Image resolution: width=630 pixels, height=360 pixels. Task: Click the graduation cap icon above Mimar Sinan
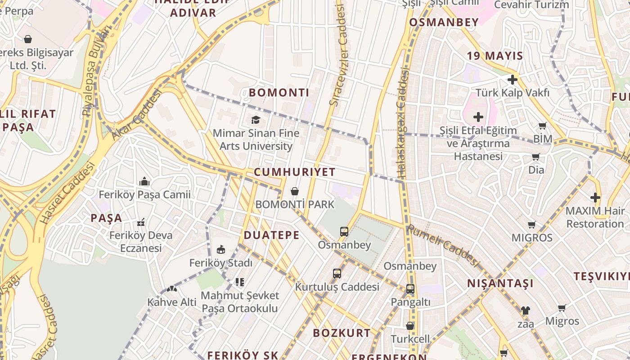click(256, 120)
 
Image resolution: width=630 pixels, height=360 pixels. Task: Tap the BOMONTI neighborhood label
click(279, 93)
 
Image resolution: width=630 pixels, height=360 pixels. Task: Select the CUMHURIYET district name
click(295, 172)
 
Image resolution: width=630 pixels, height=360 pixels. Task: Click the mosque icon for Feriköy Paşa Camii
click(144, 181)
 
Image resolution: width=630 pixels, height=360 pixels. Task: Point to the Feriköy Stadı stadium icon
click(221, 249)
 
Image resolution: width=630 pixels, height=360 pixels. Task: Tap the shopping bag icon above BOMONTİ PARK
click(295, 191)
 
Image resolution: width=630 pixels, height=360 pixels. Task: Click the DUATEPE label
click(271, 235)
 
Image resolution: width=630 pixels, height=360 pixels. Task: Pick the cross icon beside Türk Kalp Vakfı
click(512, 80)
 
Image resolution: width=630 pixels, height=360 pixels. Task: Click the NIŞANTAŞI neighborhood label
click(500, 283)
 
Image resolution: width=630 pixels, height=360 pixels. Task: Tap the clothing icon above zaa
click(525, 310)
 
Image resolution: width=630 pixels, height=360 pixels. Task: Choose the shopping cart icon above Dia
click(535, 157)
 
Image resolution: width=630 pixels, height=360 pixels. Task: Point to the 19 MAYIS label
click(495, 56)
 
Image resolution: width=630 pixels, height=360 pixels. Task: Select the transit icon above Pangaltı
click(410, 289)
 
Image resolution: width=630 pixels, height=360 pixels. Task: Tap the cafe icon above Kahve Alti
click(171, 289)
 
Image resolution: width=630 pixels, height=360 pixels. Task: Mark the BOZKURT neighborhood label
click(342, 333)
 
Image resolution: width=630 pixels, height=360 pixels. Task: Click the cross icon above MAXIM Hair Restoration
click(595, 198)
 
